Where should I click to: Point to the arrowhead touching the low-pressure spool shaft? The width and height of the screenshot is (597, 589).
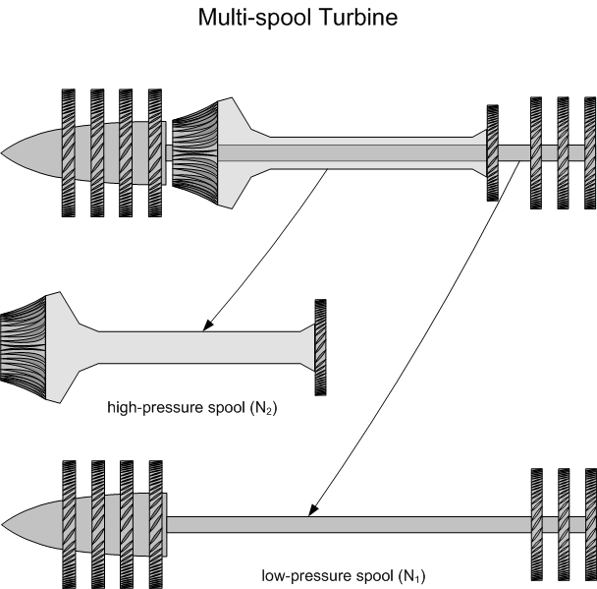tap(311, 509)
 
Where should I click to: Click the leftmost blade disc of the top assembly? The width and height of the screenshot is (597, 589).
tap(69, 152)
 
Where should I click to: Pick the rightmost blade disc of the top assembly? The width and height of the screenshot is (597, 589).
tap(590, 152)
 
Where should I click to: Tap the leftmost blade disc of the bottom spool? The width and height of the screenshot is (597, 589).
tap(69, 522)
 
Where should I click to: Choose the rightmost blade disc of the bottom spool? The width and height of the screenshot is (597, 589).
tap(590, 522)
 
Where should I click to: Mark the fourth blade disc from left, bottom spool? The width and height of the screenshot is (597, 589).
tap(155, 522)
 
